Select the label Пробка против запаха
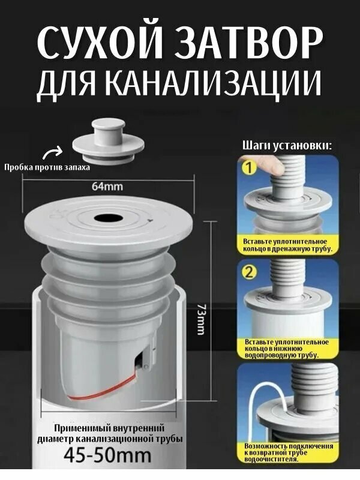[47, 167]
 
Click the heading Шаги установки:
[287, 145]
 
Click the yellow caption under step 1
[287, 244]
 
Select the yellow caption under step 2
[287, 349]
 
